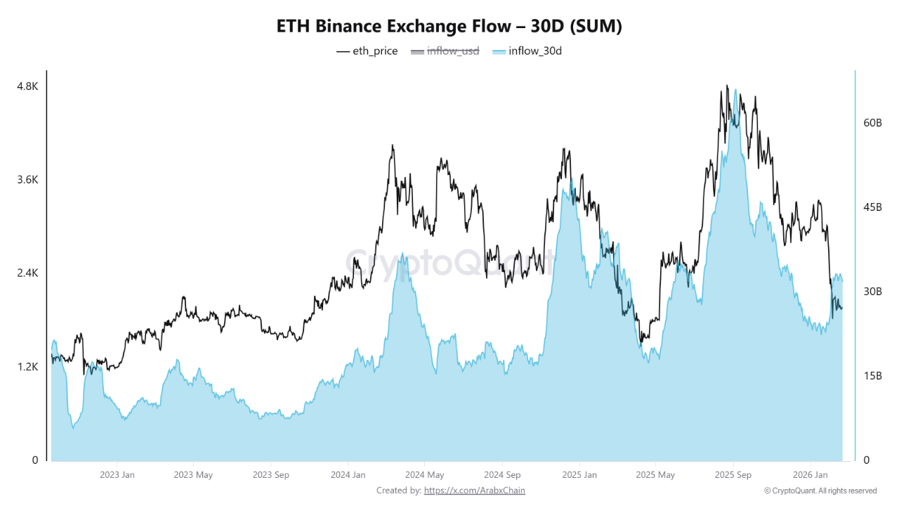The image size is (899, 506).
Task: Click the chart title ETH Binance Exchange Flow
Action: click(449, 26)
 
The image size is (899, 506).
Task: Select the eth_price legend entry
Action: click(367, 51)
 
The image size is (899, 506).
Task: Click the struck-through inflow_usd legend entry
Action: click(445, 51)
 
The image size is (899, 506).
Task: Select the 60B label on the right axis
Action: click(872, 122)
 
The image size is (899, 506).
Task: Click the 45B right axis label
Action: click(872, 207)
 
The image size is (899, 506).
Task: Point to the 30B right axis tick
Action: click(872, 291)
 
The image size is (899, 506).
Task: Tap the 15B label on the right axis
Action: click(872, 375)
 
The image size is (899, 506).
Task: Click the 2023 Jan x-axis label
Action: click(117, 475)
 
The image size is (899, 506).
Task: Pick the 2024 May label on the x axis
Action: click(424, 475)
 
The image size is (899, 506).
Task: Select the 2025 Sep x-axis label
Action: click(733, 475)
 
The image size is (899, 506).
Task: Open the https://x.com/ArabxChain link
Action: click(474, 491)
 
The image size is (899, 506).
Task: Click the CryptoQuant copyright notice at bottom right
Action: click(820, 491)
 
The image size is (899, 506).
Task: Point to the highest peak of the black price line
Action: click(726, 86)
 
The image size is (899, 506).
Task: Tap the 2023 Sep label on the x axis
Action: click(270, 475)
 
